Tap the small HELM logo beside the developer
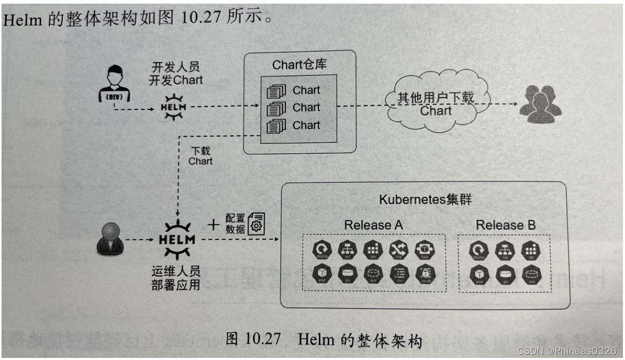pyautogui.click(x=173, y=106)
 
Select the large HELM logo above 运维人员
pyautogui.click(x=176, y=240)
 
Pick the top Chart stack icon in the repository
pyautogui.click(x=276, y=92)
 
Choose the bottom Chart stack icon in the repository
pyautogui.click(x=276, y=126)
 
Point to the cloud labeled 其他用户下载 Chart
pyautogui.click(x=436, y=103)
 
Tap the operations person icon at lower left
pyautogui.click(x=110, y=239)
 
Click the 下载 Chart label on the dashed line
pyautogui.click(x=200, y=156)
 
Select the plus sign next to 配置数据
pyautogui.click(x=213, y=224)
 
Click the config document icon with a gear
pyautogui.click(x=256, y=223)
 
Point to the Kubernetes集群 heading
pyautogui.click(x=425, y=200)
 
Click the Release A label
pyautogui.click(x=373, y=225)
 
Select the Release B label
pyautogui.click(x=505, y=225)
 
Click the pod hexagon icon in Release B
pyautogui.click(x=478, y=274)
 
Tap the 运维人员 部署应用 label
pyautogui.click(x=176, y=278)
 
